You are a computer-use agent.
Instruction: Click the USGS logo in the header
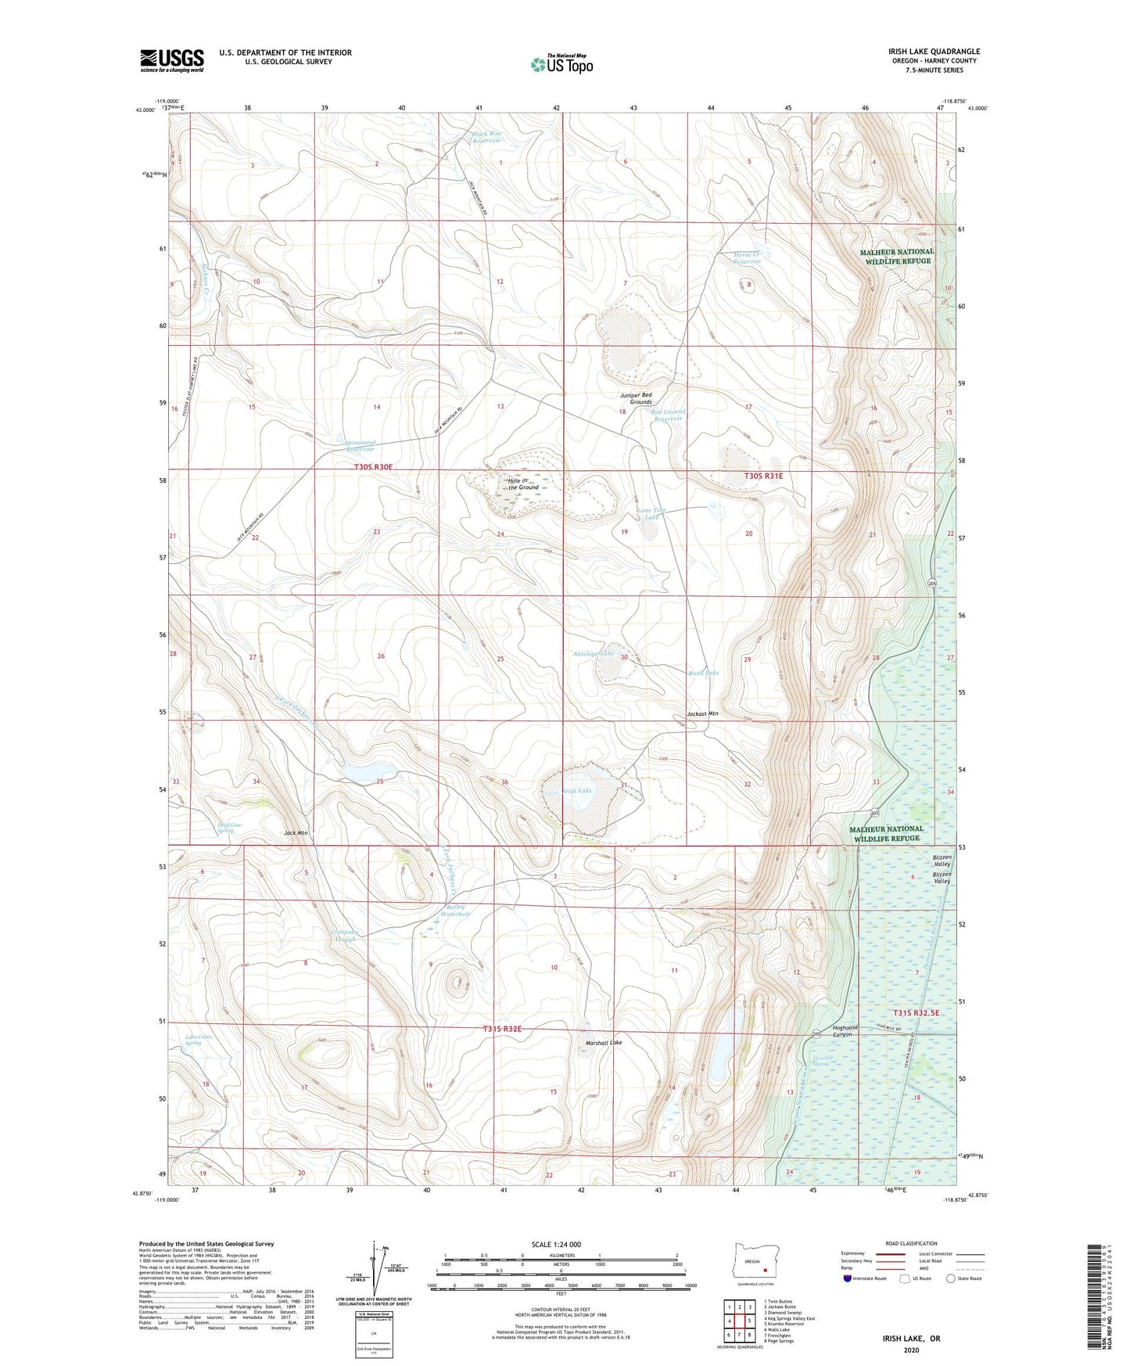tap(172, 60)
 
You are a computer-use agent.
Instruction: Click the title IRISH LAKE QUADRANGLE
tap(934, 52)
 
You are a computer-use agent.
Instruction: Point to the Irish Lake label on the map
tap(578, 791)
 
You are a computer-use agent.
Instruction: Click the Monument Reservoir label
tap(361, 446)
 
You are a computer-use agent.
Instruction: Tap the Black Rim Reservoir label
tap(486, 137)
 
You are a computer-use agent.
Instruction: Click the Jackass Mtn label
tap(702, 714)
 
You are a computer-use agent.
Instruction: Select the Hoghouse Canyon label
tap(845, 1031)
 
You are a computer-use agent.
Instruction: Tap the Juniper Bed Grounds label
tap(635, 398)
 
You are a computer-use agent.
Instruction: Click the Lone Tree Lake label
tap(651, 514)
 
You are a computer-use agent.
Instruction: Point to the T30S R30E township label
tap(372, 467)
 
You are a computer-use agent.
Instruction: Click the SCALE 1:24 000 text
tap(556, 1244)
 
